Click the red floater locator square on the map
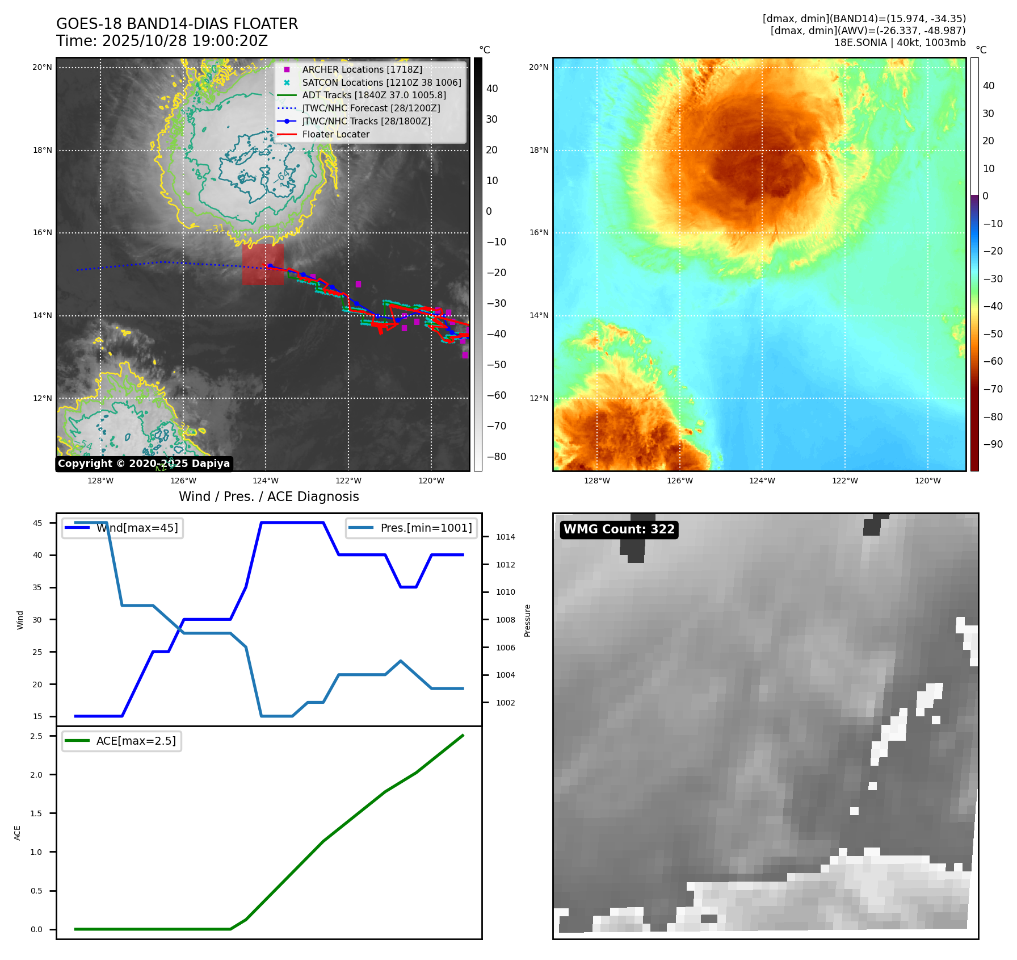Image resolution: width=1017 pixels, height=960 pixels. click(263, 264)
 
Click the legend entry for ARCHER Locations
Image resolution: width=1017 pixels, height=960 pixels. click(362, 69)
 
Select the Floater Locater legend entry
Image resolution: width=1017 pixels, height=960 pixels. click(335, 135)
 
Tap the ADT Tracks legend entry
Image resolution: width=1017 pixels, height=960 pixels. click(374, 95)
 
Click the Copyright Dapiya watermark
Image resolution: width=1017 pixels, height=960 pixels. click(144, 464)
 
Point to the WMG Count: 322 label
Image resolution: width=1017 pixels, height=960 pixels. click(619, 529)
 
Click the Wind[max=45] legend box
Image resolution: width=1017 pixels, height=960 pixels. click(123, 528)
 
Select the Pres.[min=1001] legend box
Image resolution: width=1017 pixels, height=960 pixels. click(411, 528)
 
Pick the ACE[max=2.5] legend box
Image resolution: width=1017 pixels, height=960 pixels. click(122, 741)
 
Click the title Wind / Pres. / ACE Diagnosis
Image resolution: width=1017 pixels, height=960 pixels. click(269, 496)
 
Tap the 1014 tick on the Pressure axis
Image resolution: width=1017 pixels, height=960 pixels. click(505, 537)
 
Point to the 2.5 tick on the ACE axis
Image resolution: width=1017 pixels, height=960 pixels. click(36, 736)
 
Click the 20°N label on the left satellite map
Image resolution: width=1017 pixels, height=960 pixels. click(42, 67)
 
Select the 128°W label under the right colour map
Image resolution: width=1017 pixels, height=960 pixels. click(597, 481)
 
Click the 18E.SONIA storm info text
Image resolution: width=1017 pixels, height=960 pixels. click(900, 43)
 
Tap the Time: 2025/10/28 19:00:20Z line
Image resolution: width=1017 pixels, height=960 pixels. click(162, 41)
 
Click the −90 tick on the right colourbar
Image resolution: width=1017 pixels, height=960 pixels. click(993, 444)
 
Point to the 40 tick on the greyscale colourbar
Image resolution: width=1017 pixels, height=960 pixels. click(492, 89)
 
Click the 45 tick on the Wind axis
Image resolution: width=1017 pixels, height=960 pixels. click(37, 523)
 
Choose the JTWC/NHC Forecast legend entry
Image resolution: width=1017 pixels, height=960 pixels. click(371, 108)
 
